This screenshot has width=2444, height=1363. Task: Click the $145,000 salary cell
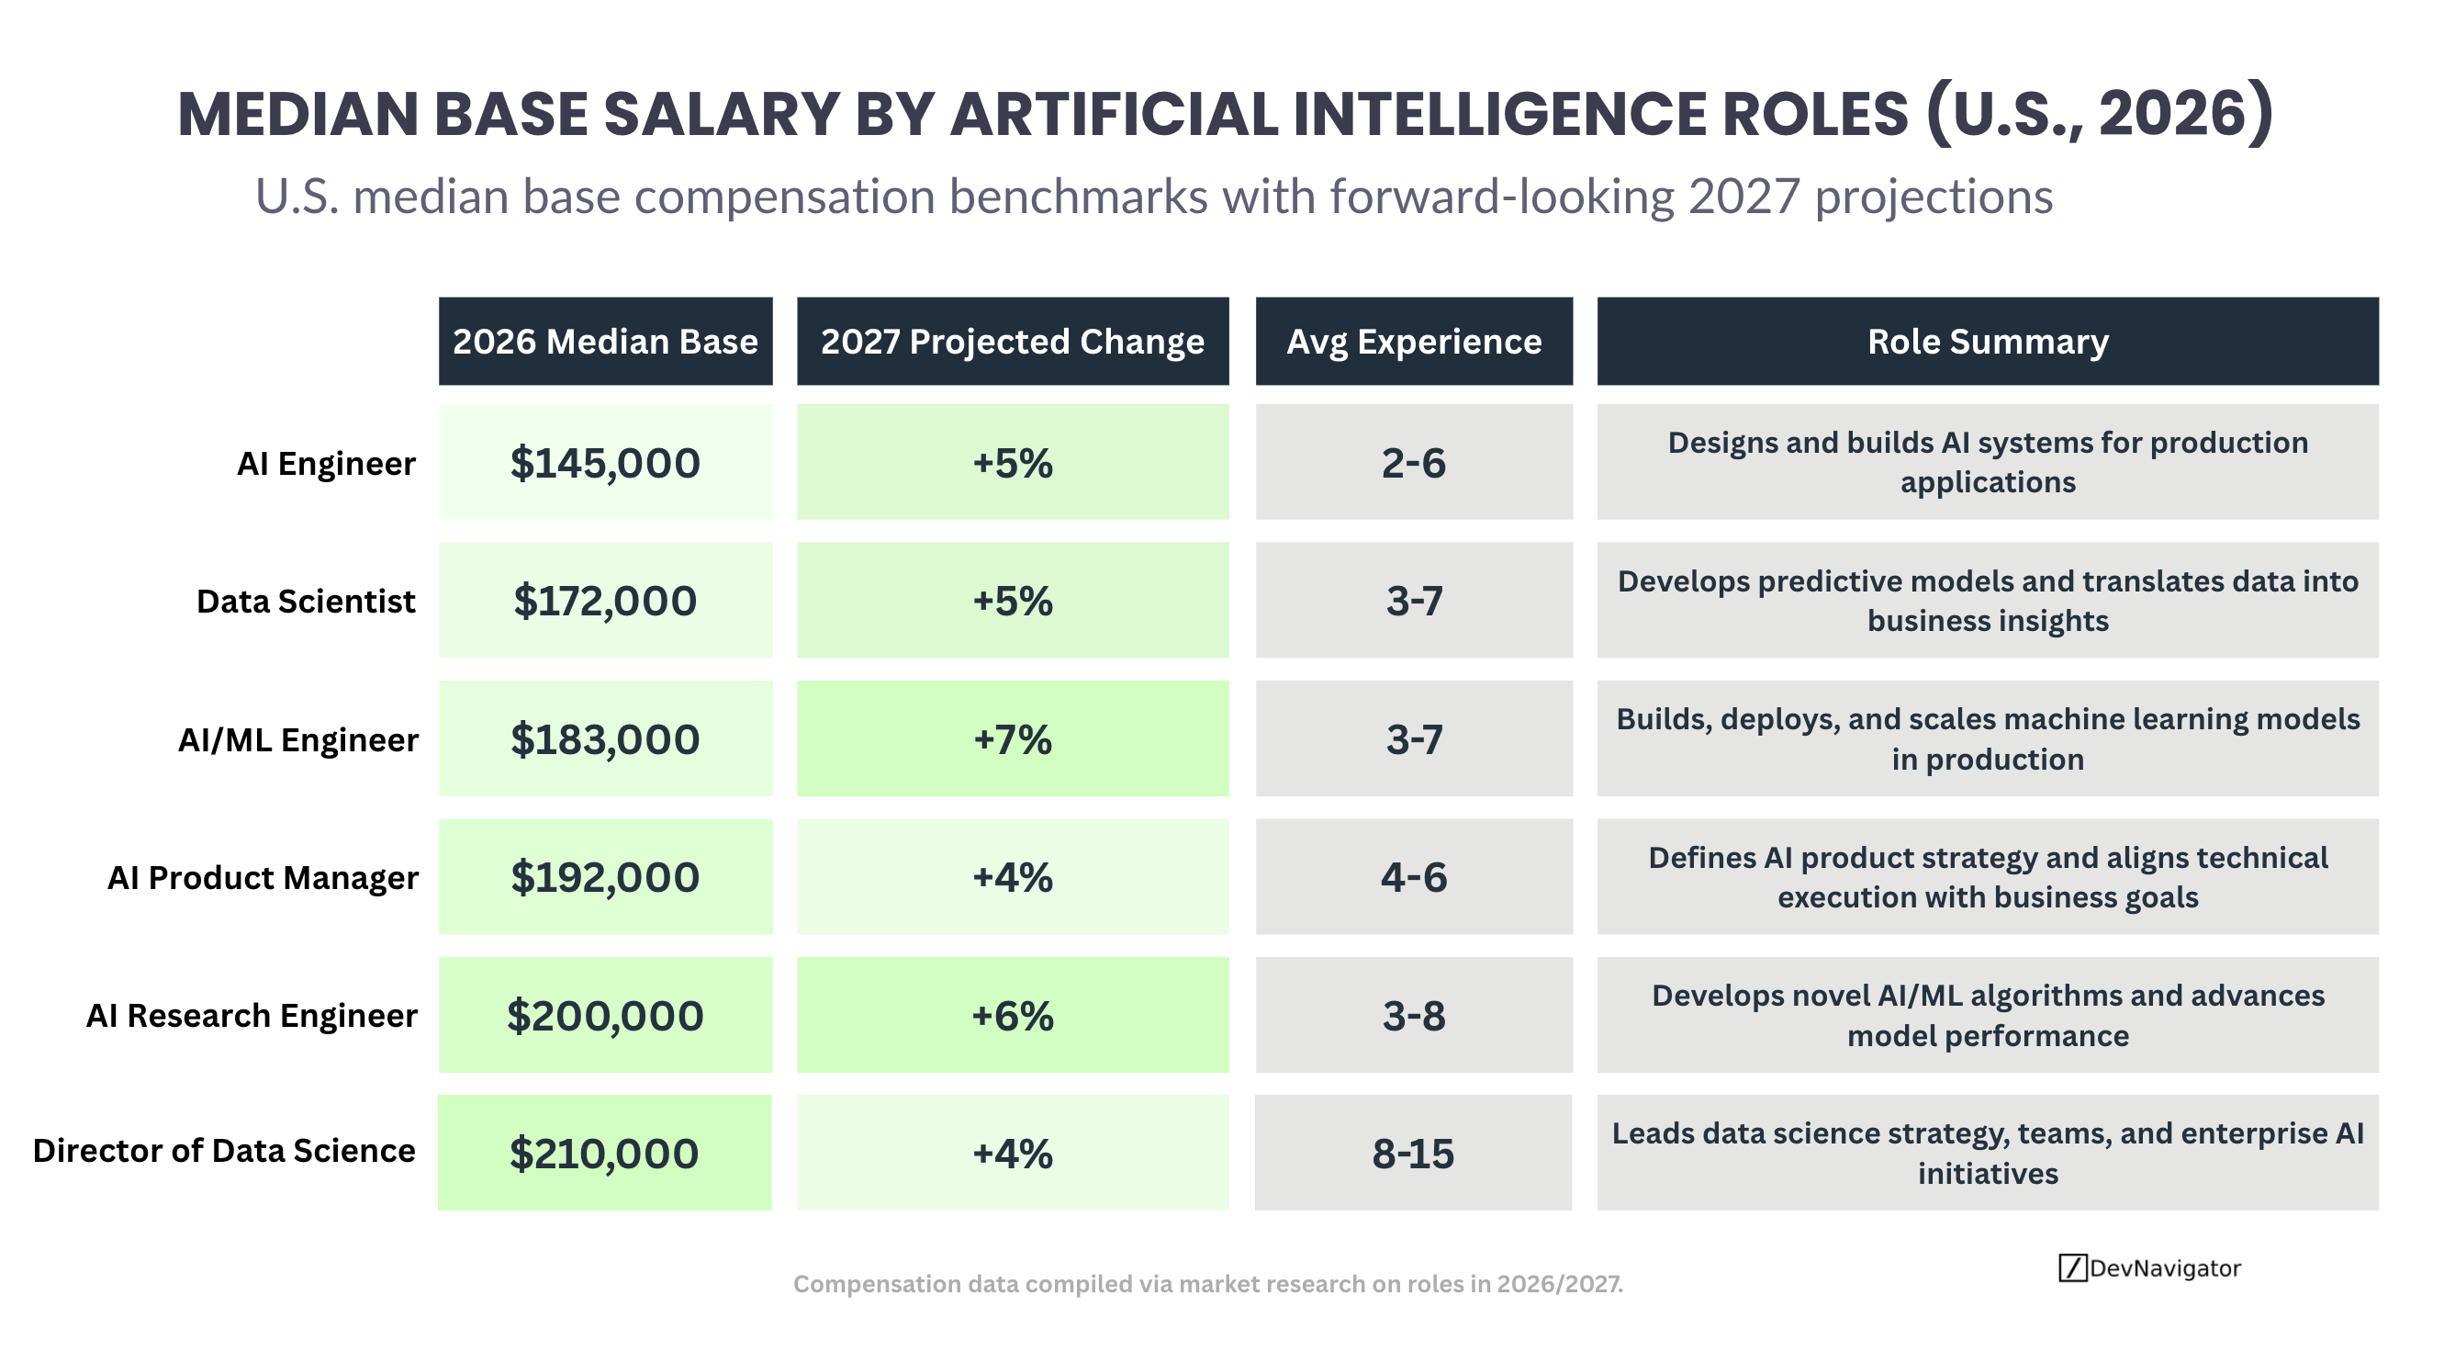click(x=605, y=462)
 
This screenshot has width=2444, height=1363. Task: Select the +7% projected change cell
click(x=1013, y=738)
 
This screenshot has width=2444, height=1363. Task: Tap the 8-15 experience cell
click(x=1413, y=1154)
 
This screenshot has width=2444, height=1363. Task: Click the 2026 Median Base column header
click(x=605, y=342)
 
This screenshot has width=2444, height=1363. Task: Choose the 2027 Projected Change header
click(x=1013, y=342)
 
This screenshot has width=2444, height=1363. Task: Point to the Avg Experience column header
click(x=1414, y=342)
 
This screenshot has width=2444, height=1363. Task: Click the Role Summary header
click(x=1988, y=342)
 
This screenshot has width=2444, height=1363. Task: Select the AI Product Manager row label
click(x=263, y=878)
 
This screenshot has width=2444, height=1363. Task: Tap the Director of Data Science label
click(x=224, y=1151)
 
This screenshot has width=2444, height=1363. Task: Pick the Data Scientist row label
click(x=306, y=601)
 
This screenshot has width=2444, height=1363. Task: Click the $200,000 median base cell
click(x=605, y=1016)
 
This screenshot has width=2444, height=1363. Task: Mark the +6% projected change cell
click(x=1013, y=1016)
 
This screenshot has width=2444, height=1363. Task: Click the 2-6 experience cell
click(x=1414, y=462)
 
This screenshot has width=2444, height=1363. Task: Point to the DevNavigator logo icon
click(x=2072, y=1268)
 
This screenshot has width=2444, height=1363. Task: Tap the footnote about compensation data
click(x=1207, y=1284)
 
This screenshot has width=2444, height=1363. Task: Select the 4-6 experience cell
click(x=1414, y=877)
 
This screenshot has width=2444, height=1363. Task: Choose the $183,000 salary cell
click(x=605, y=738)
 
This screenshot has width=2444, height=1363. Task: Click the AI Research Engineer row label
click(x=252, y=1016)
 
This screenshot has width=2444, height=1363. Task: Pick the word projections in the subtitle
click(x=1934, y=197)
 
